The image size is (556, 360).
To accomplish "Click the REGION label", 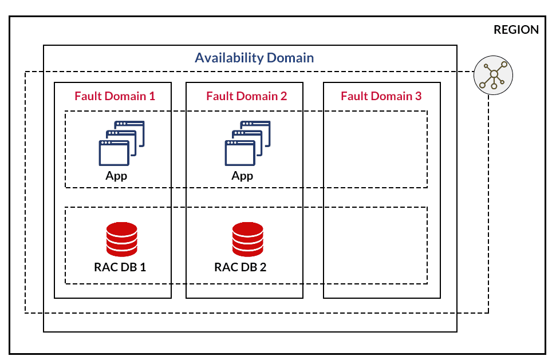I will click(x=516, y=30).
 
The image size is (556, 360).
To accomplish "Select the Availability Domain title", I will click(x=254, y=58).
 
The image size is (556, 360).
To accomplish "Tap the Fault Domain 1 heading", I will click(x=115, y=96).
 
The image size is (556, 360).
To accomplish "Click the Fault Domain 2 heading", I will click(x=246, y=96).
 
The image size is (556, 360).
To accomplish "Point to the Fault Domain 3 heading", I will click(x=381, y=96).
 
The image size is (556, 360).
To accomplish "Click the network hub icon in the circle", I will click(x=493, y=76).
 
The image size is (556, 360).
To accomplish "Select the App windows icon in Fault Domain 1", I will click(x=121, y=143).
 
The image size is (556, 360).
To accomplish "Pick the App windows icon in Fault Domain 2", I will click(x=247, y=143).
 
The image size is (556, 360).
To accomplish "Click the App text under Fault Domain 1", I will click(x=116, y=176).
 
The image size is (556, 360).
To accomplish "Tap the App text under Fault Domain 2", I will click(x=242, y=176).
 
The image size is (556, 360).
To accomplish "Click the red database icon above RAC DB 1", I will click(x=122, y=239).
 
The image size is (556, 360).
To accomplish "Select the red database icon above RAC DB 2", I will click(x=247, y=239).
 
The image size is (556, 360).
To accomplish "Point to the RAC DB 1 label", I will click(x=120, y=267).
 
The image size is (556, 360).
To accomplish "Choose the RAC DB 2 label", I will click(x=240, y=267).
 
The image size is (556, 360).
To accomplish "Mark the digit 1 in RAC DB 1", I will click(x=143, y=267).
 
